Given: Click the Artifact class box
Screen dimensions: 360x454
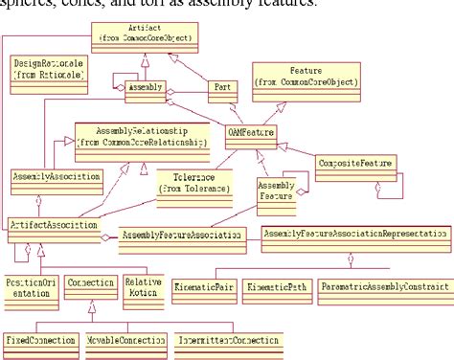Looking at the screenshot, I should click(144, 35).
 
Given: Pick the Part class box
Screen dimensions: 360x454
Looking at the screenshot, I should click(223, 88).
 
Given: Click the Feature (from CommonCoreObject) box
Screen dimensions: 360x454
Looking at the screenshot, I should click(306, 76).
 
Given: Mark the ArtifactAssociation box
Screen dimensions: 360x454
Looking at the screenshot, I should click(53, 224).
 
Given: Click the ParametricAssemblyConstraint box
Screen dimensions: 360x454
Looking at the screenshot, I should click(385, 286).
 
